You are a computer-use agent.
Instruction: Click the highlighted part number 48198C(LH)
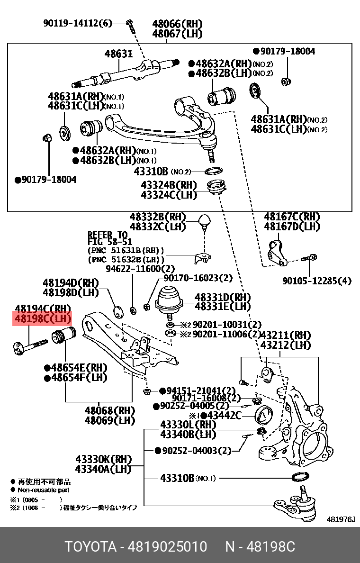pos(43,319)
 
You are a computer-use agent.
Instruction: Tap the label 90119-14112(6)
pos(78,23)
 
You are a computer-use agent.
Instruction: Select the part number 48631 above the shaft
pos(118,54)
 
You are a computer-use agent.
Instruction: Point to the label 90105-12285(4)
pos(317,281)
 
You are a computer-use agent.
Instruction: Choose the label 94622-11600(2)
pos(134,268)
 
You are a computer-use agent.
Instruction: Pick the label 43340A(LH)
pos(103,469)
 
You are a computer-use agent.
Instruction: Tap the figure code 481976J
pos(341,519)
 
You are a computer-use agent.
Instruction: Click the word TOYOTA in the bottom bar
pos(90,547)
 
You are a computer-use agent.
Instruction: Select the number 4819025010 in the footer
pos(167,547)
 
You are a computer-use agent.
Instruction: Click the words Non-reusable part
pos(44,490)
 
